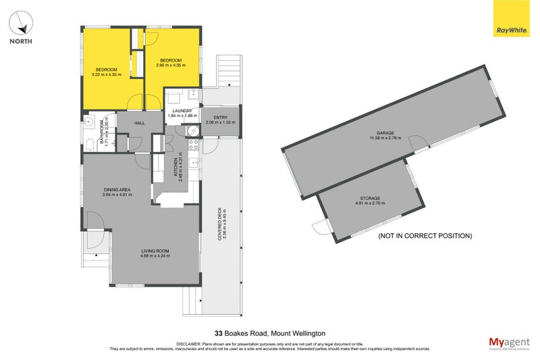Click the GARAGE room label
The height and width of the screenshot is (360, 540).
coord(385,133)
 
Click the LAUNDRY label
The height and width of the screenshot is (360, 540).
coord(182,111)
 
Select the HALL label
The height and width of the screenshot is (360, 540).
coord(140,123)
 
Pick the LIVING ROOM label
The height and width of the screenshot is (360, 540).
coord(155,251)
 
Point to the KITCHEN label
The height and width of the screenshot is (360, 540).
coord(175,166)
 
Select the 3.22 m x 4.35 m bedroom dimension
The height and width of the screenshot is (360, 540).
coord(107,74)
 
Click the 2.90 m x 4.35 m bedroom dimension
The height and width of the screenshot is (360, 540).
coord(169,65)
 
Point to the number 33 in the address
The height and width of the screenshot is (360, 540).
coord(218,333)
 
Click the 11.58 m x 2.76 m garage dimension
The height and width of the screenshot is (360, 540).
coord(385,138)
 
